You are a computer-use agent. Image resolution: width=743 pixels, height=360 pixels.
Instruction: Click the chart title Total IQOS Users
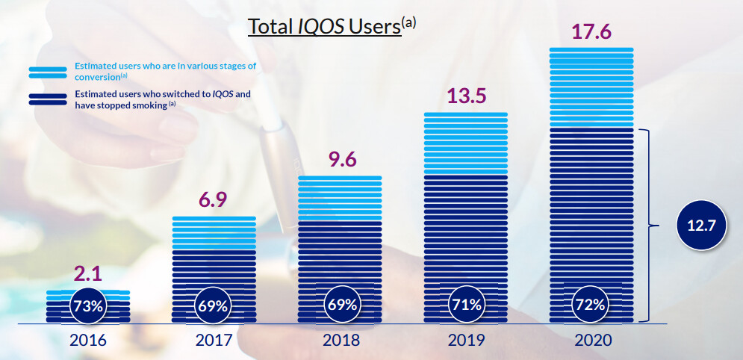pyautogui.click(x=325, y=26)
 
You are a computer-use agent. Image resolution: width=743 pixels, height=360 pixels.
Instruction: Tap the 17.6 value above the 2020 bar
pyautogui.click(x=591, y=32)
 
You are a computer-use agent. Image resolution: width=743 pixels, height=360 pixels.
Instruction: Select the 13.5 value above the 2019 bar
pyautogui.click(x=465, y=97)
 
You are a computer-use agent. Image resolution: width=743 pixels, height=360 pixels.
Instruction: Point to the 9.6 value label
pyautogui.click(x=340, y=159)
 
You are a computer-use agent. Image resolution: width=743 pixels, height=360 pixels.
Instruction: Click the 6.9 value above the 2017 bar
pyautogui.click(x=214, y=200)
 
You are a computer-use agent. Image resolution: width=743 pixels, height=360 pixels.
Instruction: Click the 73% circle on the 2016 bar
pyautogui.click(x=88, y=305)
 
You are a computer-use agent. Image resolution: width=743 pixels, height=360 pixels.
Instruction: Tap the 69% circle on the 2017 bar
pyautogui.click(x=214, y=305)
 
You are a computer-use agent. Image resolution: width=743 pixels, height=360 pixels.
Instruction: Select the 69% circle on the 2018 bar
pyautogui.click(x=340, y=305)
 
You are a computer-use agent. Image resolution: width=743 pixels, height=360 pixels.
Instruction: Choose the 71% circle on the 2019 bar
pyautogui.click(x=465, y=305)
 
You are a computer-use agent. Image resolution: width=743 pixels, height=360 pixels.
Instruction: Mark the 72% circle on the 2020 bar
pyautogui.click(x=591, y=305)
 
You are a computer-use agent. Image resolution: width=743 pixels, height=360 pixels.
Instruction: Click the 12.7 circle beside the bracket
pyautogui.click(x=702, y=226)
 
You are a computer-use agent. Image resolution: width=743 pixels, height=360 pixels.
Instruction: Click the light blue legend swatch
pyautogui.click(x=48, y=72)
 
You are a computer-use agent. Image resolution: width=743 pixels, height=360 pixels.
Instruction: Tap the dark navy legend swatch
pyautogui.click(x=48, y=99)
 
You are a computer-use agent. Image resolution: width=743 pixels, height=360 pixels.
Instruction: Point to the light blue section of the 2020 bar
pyautogui.click(x=591, y=88)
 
